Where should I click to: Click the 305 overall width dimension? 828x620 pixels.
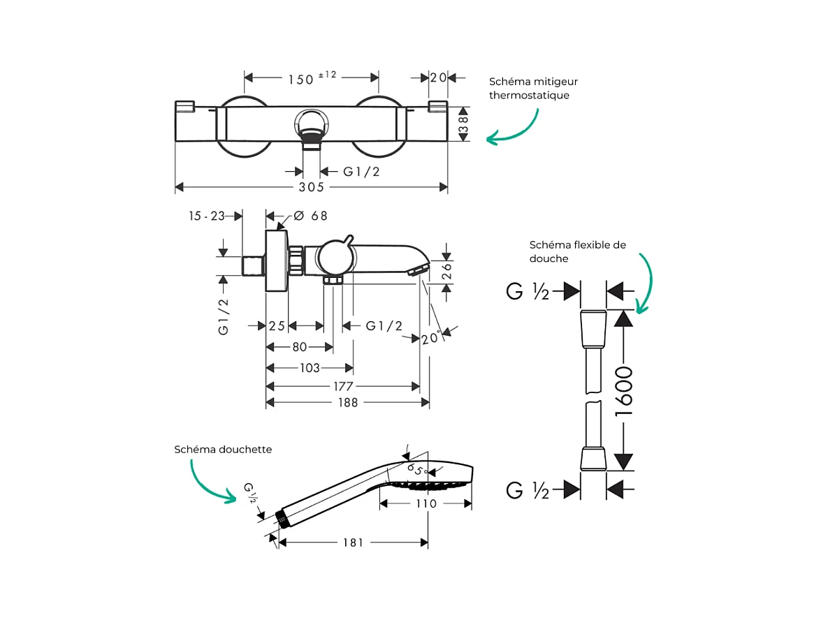coord(311,187)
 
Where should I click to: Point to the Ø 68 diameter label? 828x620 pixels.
coord(310,216)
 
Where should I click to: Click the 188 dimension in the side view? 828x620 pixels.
coord(347,402)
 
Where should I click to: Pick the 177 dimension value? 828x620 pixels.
coord(343,386)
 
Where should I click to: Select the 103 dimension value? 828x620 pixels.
coord(309,368)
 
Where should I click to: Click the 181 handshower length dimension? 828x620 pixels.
coord(352,542)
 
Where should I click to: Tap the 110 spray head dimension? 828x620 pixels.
coord(425,503)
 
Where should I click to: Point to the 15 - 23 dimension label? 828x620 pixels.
coord(207,216)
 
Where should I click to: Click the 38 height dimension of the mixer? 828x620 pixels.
coord(463,124)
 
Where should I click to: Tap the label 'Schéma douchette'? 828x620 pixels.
coord(223,450)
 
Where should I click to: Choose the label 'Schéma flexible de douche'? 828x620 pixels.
coord(577,251)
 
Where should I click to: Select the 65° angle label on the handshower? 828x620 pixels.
coord(416,469)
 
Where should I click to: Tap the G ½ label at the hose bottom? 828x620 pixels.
coord(528,490)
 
